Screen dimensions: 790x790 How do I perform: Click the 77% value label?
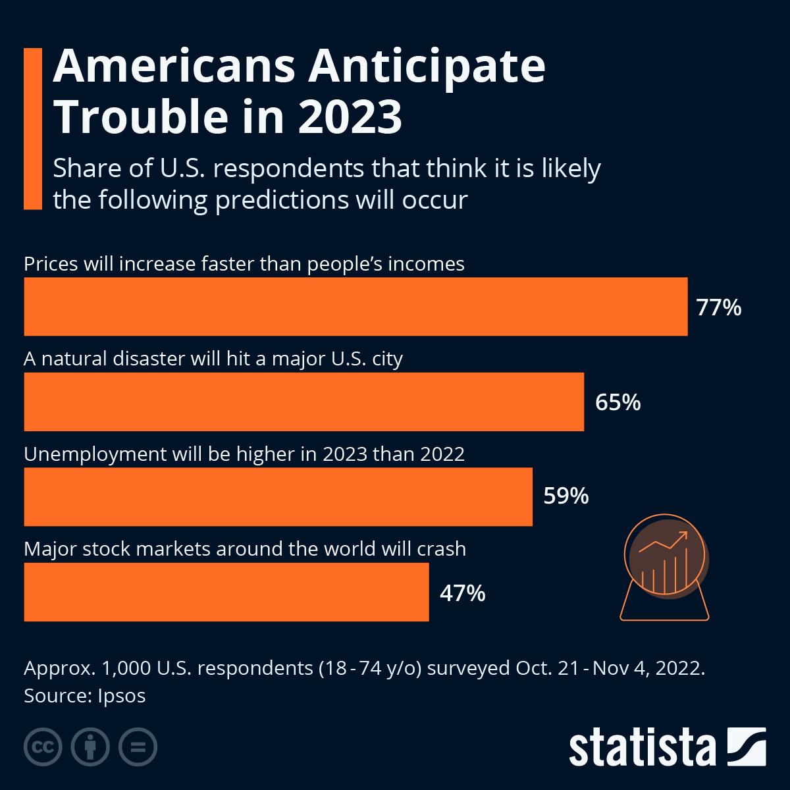719,307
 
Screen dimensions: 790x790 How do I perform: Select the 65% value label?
618,402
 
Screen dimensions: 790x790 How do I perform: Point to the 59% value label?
566,496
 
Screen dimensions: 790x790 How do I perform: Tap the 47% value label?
462,593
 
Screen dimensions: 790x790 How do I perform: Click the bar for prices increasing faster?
355,307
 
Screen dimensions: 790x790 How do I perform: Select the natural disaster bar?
303,402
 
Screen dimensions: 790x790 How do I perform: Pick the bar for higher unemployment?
278,497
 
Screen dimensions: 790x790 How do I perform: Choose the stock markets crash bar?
226,592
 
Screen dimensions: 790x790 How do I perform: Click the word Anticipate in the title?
427,66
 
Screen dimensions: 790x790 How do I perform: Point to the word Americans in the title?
174,66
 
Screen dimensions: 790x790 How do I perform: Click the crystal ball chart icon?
665,567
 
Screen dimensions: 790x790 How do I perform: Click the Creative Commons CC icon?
43,747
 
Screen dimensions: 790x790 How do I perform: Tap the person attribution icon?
90,747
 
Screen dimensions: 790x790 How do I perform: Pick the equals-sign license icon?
138,747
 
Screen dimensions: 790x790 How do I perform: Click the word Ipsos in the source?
121,696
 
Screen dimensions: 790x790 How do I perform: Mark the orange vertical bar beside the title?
32,128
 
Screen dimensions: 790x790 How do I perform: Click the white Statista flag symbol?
746,747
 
